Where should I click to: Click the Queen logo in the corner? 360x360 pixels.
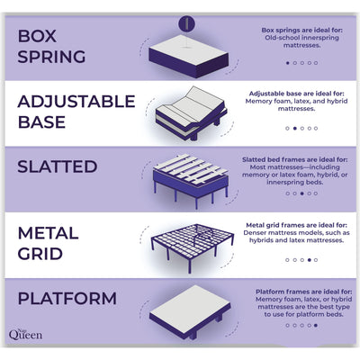pyautogui.click(x=28, y=334)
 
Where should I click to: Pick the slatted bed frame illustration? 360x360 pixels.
pyautogui.click(x=188, y=177)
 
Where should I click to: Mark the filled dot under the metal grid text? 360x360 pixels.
pyautogui.click(x=309, y=259)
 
